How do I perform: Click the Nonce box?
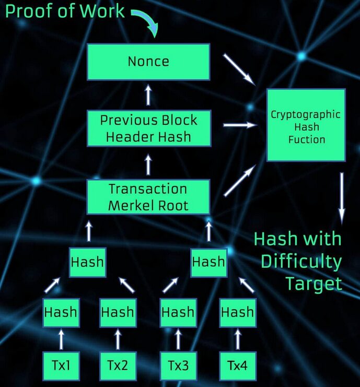(x=148, y=62)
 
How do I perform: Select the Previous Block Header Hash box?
(x=148, y=128)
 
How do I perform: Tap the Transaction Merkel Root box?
(x=148, y=197)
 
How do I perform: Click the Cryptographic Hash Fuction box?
(x=306, y=126)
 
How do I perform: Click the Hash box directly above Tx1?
(x=61, y=313)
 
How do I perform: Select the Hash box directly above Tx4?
(x=237, y=313)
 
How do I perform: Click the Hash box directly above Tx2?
(x=117, y=313)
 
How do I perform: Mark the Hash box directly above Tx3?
(x=178, y=313)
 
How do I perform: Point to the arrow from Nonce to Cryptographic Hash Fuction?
(x=238, y=68)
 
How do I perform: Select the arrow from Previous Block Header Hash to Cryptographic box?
(x=240, y=125)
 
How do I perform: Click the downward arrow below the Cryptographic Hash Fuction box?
(x=342, y=196)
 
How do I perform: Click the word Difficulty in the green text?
(x=301, y=261)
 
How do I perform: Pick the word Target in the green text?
(x=313, y=284)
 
